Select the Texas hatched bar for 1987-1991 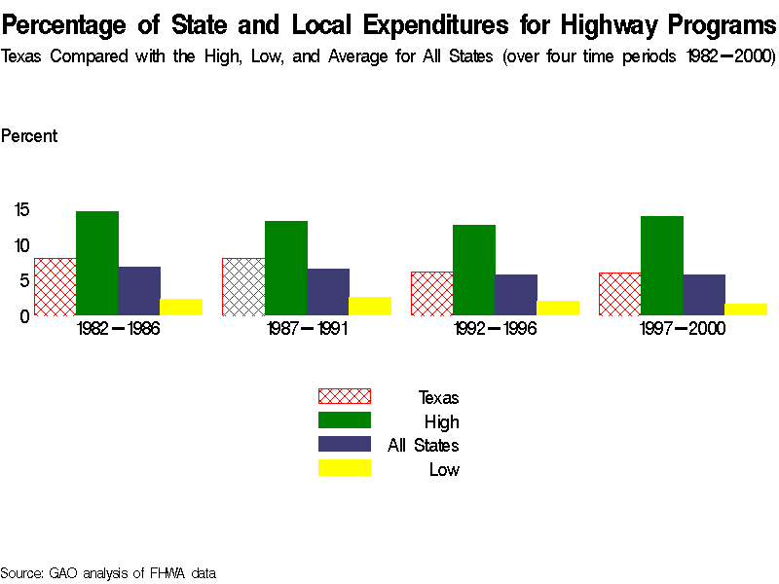point(243,286)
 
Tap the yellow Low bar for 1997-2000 point(746,310)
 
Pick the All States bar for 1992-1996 point(516,295)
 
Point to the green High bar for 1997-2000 point(661,266)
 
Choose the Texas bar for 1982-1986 point(55,286)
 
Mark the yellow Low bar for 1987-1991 point(370,306)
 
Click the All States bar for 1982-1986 point(139,290)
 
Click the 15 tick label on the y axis point(22,208)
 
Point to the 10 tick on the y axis point(22,244)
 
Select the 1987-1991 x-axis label point(306,329)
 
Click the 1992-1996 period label point(495,329)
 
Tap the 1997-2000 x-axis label point(683,329)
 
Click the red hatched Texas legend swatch point(345,396)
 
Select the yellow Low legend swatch point(345,469)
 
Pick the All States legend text point(424,446)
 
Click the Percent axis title point(29,136)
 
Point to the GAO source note point(108,573)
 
